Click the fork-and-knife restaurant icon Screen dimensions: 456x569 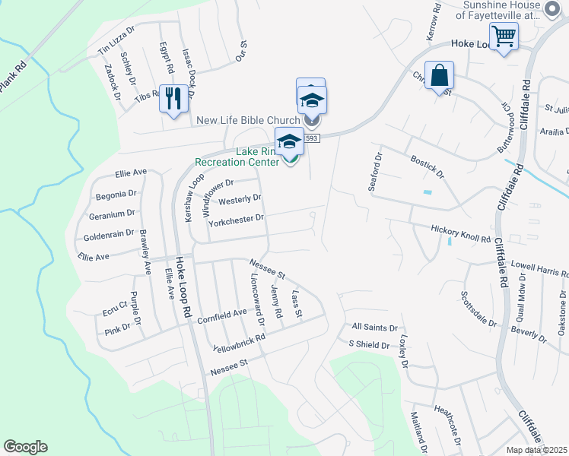[173, 97]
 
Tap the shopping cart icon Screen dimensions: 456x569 [504, 36]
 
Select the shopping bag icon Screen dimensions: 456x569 [439, 75]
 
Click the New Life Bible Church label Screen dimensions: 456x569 [248, 120]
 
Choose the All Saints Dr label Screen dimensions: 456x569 [374, 328]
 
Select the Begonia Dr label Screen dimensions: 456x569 [116, 195]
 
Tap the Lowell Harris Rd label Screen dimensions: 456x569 [539, 270]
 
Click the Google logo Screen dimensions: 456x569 [25, 447]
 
